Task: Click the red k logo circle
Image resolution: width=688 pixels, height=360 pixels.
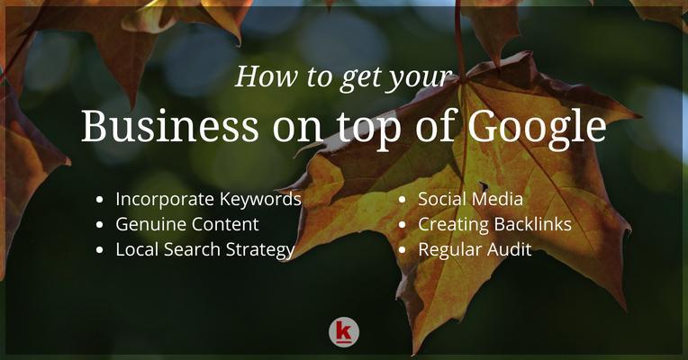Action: [344, 332]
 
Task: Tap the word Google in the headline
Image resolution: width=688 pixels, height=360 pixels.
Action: [537, 127]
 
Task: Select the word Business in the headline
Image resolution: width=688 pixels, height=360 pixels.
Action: [170, 125]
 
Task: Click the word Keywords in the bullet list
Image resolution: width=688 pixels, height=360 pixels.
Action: [260, 200]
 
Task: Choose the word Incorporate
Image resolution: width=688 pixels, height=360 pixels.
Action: [165, 200]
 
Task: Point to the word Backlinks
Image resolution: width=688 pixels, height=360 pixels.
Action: [533, 224]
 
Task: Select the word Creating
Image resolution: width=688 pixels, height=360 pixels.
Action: [453, 225]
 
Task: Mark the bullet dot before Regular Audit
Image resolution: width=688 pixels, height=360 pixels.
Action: [403, 250]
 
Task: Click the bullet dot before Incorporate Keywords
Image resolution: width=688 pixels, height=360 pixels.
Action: [100, 200]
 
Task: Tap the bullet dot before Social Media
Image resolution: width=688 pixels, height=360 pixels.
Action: [403, 200]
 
